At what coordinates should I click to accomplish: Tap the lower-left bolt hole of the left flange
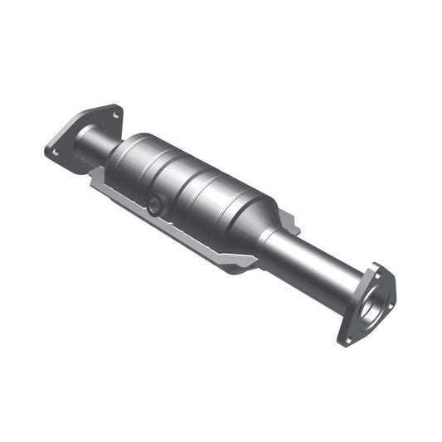[55, 152]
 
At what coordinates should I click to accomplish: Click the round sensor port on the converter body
[155, 206]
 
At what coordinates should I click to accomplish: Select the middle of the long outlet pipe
[307, 261]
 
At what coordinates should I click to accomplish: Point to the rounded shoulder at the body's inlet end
[129, 153]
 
